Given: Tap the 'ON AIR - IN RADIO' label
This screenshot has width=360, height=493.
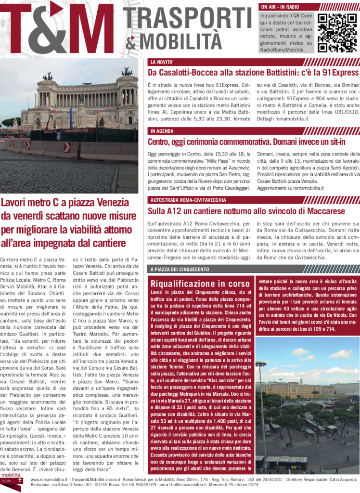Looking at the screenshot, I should point(280,7).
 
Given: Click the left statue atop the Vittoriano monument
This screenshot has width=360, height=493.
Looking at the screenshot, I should point(48,76).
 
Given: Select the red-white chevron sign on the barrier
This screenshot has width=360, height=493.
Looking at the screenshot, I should point(67,147).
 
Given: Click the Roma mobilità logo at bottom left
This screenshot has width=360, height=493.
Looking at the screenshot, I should point(11,483).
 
